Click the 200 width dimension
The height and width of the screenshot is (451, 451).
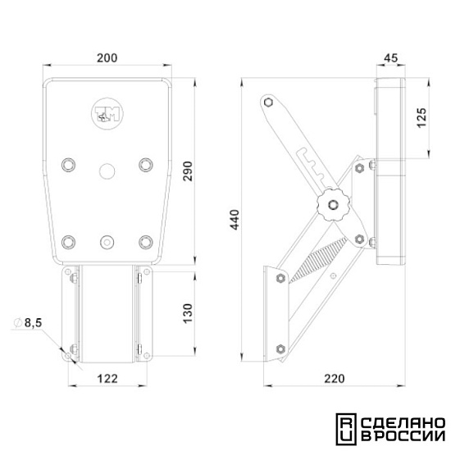click(x=107, y=58)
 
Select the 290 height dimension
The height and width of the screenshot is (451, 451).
click(x=188, y=171)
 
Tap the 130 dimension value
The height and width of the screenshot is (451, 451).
click(x=188, y=313)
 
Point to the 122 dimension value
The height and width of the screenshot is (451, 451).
click(x=107, y=379)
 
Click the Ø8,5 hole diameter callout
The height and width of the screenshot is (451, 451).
click(x=28, y=323)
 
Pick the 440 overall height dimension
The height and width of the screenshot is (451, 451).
click(x=235, y=220)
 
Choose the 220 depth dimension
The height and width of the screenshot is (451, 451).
click(x=335, y=379)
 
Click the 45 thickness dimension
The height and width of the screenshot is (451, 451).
click(x=391, y=58)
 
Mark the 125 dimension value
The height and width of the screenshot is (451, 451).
click(x=422, y=118)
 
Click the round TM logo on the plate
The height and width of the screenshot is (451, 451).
click(x=107, y=113)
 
